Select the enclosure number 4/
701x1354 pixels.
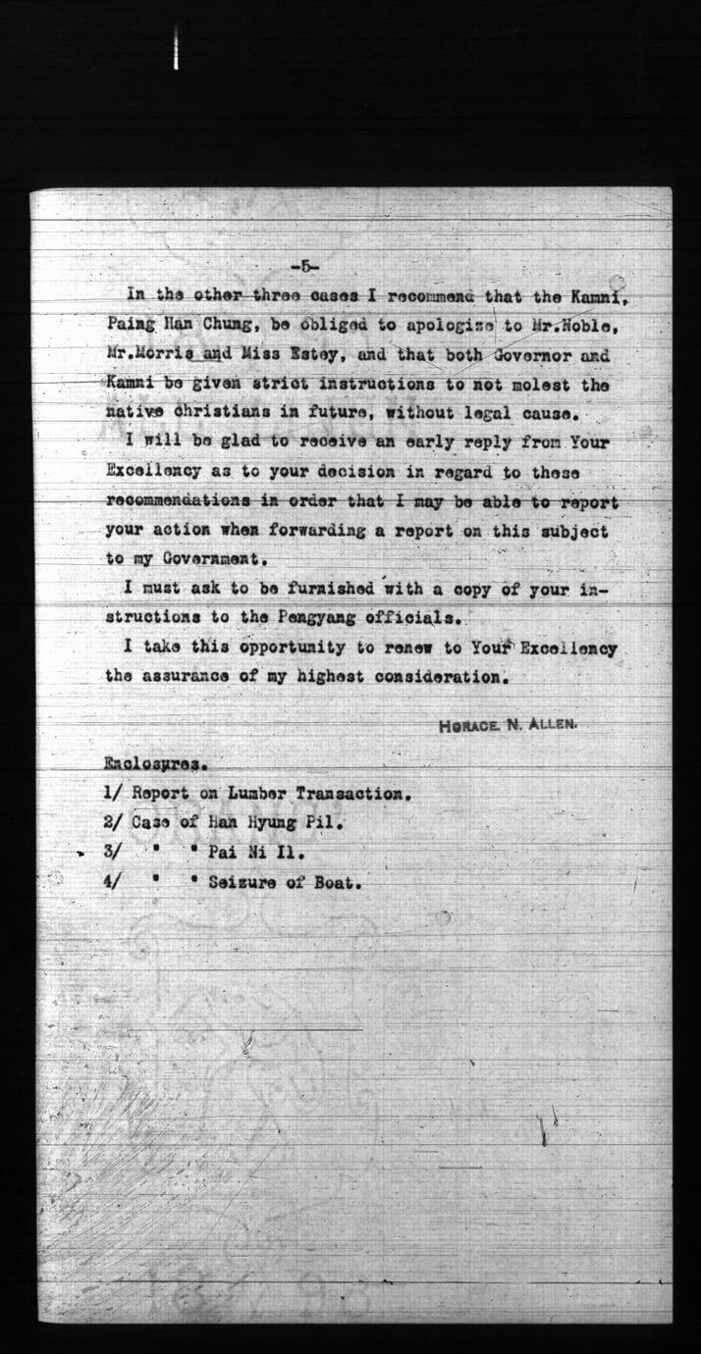click(x=112, y=881)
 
